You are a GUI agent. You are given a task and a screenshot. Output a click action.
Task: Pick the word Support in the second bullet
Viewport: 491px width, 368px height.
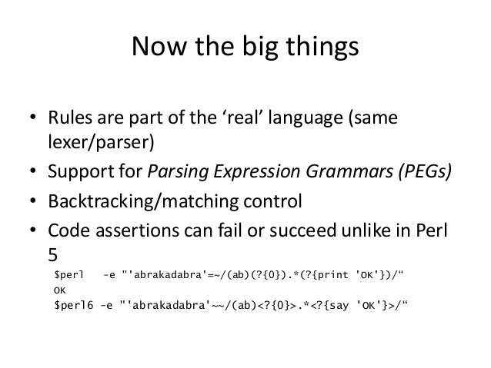(82, 174)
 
